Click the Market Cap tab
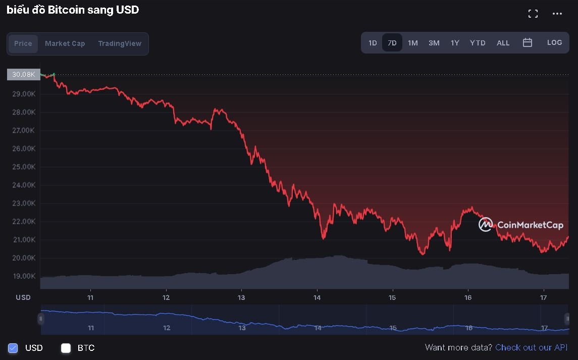pyautogui.click(x=65, y=43)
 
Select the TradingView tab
pyautogui.click(x=120, y=43)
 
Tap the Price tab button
pyautogui.click(x=23, y=43)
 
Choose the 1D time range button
pyautogui.click(x=373, y=43)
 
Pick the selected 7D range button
pyautogui.click(x=392, y=43)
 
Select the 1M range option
pyautogui.click(x=413, y=43)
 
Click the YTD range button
pyautogui.click(x=478, y=43)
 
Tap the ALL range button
pyautogui.click(x=503, y=43)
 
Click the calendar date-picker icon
pyautogui.click(x=528, y=43)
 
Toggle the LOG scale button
pyautogui.click(x=554, y=43)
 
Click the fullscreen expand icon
pyautogui.click(x=533, y=14)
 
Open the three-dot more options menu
pyautogui.click(x=557, y=14)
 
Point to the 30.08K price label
pyautogui.click(x=24, y=74)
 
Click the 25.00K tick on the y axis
pyautogui.click(x=24, y=167)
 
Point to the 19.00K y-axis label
pyautogui.click(x=24, y=276)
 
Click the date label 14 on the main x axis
pyautogui.click(x=317, y=297)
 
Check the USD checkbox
pyautogui.click(x=13, y=348)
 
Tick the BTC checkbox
pyautogui.click(x=66, y=348)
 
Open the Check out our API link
pyautogui.click(x=532, y=347)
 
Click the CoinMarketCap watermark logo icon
pyautogui.click(x=485, y=225)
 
